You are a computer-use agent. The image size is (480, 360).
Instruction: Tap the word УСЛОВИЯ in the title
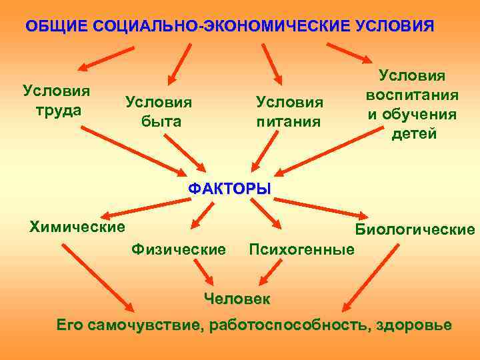click(x=395, y=27)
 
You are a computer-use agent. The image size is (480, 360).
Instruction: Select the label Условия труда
click(x=57, y=101)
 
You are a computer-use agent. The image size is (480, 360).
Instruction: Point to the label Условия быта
click(x=158, y=112)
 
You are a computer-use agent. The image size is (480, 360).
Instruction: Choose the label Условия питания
click(x=289, y=112)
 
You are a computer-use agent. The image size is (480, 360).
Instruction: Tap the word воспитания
click(x=411, y=95)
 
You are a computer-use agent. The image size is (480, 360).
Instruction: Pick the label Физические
click(x=179, y=249)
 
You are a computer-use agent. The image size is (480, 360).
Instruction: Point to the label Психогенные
click(x=301, y=250)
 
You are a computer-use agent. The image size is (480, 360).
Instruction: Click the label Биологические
click(x=415, y=230)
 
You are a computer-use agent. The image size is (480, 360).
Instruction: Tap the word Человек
click(x=237, y=298)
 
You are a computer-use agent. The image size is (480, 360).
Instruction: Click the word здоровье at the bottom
click(x=414, y=326)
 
